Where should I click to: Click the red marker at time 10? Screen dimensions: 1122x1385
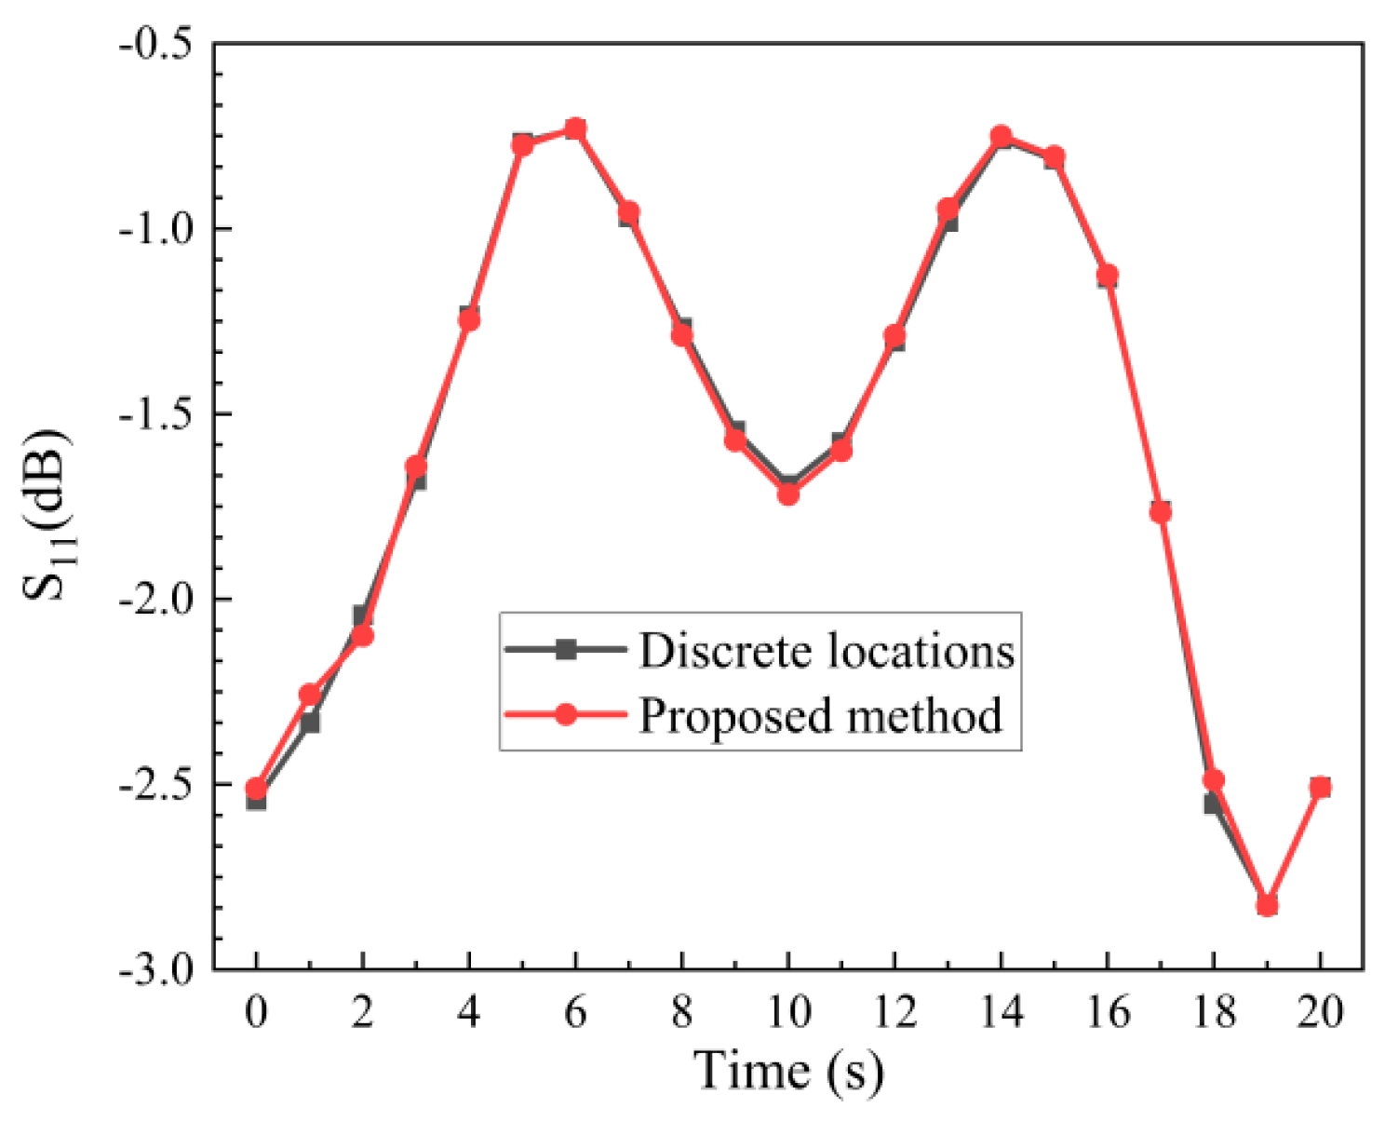[x=788, y=493]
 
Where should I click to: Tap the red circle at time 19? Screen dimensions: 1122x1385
[x=1267, y=905]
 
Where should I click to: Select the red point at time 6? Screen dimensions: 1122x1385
[x=575, y=128]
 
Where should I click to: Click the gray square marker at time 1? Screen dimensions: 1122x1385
[x=310, y=722]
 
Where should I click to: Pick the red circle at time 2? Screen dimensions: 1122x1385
[x=363, y=636]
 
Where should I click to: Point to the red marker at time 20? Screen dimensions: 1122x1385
[x=1320, y=788]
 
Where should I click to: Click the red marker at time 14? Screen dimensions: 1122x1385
[x=1001, y=137]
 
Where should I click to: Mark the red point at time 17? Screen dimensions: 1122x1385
[x=1161, y=512]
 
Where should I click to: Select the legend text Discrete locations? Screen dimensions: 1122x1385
[x=826, y=651]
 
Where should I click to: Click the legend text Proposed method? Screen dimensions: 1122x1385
[x=820, y=716]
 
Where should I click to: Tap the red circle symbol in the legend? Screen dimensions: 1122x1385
[x=565, y=715]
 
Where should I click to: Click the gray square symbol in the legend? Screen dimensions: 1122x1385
[x=565, y=650]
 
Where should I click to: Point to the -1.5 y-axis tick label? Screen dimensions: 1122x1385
[x=155, y=414]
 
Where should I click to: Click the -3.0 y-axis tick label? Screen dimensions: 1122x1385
[x=155, y=970]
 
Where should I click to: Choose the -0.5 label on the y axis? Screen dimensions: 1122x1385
[x=155, y=44]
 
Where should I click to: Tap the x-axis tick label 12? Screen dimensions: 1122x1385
[x=894, y=1012]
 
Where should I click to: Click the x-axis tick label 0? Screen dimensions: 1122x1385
[x=256, y=1012]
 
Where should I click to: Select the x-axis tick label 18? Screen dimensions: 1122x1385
[x=1214, y=1012]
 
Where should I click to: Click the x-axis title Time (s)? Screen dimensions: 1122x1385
[x=788, y=1071]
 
